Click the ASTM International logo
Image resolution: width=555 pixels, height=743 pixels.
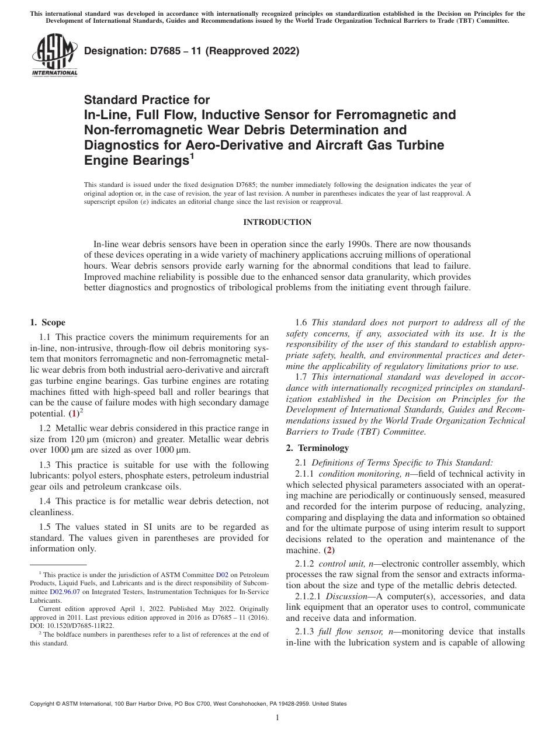pos(54,55)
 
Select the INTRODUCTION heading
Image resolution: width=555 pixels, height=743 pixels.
pos(277,222)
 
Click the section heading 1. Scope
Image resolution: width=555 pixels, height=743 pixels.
pos(48,322)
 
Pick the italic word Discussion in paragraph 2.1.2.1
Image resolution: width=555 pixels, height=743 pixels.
pos(346,596)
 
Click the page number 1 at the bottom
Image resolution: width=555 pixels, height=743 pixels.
pos(277,718)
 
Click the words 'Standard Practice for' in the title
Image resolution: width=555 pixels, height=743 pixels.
pos(147,100)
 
